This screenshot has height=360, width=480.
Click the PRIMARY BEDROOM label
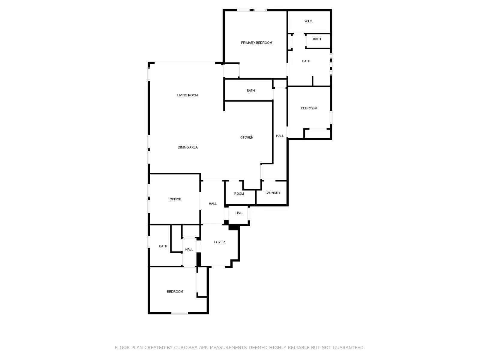256,43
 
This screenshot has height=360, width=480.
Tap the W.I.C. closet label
308,21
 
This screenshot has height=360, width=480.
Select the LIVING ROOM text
187,95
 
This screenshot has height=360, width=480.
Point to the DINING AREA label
187,147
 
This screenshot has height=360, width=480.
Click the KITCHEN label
246,137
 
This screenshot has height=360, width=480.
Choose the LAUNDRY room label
273,193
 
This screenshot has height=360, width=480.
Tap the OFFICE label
175,199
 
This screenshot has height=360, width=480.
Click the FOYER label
219,242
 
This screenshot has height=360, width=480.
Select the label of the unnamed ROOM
239,193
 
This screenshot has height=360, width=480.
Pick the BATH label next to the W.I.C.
317,39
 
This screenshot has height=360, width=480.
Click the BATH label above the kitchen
250,91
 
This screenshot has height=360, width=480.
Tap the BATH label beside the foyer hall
163,246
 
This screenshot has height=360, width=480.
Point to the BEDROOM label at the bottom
175,292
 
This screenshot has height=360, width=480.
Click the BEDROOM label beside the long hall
309,108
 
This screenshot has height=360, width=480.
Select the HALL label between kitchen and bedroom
280,136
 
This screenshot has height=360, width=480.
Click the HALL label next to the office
212,204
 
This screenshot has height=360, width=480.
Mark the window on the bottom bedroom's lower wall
179,313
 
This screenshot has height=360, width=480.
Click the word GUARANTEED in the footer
348,348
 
